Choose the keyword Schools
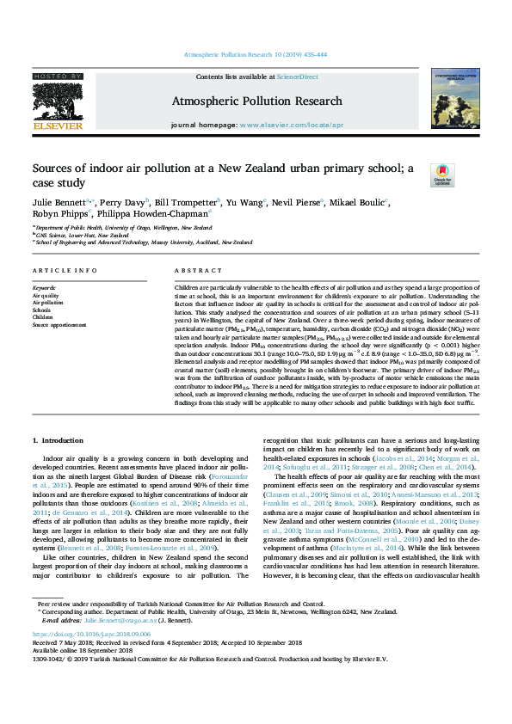(x=41, y=310)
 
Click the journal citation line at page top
(x=256, y=54)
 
